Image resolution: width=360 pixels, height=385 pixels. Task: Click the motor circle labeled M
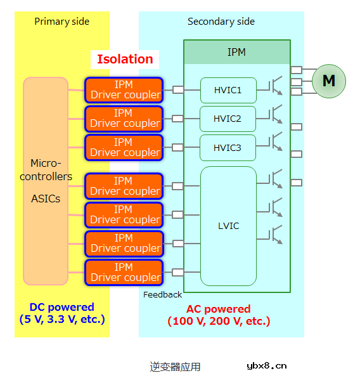(328, 81)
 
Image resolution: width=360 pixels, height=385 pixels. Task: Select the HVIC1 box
(228, 90)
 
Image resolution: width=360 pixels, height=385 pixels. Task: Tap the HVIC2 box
(228, 119)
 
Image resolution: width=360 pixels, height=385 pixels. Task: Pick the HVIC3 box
(228, 148)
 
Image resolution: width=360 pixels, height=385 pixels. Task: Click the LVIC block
(228, 226)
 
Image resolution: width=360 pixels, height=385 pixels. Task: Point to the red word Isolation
(125, 59)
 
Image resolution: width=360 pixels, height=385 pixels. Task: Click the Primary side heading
(61, 22)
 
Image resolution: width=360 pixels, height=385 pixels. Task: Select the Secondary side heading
(221, 22)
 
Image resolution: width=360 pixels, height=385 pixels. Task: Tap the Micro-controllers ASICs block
(46, 181)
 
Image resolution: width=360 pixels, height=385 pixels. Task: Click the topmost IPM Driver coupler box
(124, 90)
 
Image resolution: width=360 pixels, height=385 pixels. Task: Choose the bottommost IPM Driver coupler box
(124, 272)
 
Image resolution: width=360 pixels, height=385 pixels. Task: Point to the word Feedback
(162, 294)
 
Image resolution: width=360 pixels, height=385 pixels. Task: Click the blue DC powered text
(61, 313)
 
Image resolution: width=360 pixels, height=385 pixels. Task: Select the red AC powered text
(219, 315)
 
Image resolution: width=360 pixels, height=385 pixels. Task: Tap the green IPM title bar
(236, 52)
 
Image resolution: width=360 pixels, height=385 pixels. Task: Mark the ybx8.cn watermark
(266, 365)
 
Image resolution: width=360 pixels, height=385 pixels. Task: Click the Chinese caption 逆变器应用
(175, 367)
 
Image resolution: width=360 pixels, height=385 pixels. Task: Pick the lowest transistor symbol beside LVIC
(275, 235)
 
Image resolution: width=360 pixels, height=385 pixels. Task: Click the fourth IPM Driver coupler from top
(124, 185)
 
